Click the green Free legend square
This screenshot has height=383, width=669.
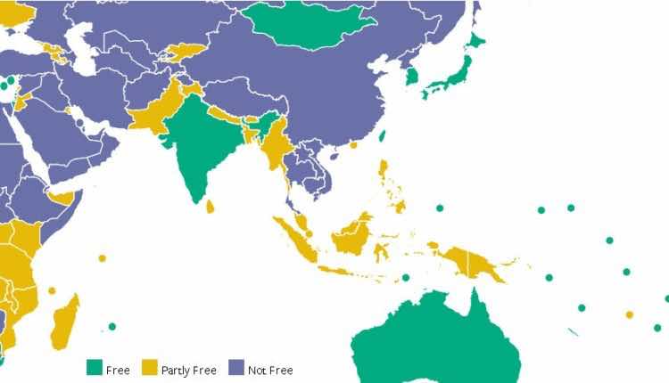pos(94,367)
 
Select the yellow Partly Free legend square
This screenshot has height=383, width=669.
pos(149,367)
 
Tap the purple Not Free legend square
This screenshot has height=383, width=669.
pos(236,367)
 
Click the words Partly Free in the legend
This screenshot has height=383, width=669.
pos(189,370)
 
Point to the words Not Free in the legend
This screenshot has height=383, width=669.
pos(271,370)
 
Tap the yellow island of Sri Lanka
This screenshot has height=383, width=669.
pos(211,207)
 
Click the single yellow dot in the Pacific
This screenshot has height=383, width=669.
pos(630,314)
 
